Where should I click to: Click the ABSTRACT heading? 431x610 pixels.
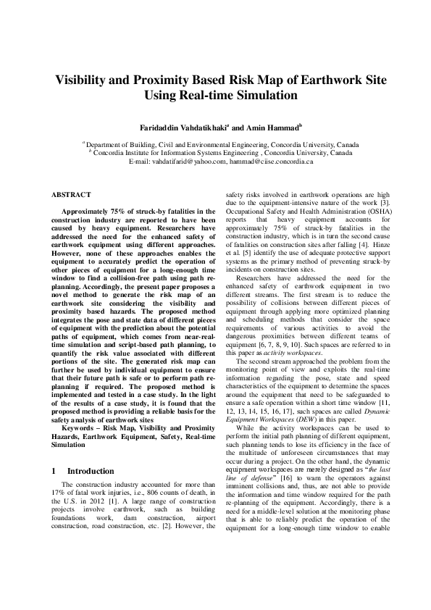71,195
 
